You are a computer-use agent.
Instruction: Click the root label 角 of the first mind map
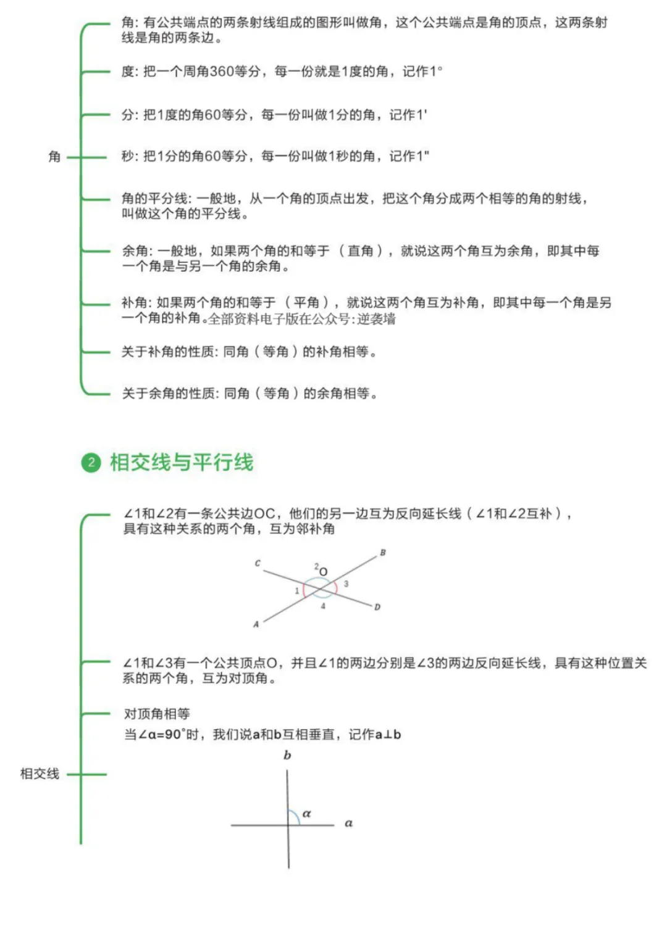[54, 157]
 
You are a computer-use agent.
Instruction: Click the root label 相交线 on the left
[40, 774]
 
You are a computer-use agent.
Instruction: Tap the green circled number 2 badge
[91, 462]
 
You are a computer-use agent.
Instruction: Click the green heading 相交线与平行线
[182, 462]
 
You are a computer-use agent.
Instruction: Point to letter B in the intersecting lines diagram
[383, 553]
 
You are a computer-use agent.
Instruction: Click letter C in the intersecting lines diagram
[258, 563]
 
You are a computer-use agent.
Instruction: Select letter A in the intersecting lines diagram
[256, 624]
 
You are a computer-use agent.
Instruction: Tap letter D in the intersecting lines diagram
[377, 607]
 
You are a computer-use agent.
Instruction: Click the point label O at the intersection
[324, 572]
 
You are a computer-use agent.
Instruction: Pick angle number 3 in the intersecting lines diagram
[346, 584]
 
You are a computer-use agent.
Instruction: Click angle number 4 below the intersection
[323, 606]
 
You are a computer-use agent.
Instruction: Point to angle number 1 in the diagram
[296, 591]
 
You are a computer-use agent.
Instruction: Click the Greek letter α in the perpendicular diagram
[306, 814]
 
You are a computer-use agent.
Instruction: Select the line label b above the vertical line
[287, 755]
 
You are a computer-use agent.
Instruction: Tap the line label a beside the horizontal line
[348, 823]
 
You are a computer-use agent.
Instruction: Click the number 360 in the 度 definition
[222, 72]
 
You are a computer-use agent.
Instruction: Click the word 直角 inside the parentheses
[361, 251]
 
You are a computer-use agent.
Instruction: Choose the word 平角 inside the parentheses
[306, 303]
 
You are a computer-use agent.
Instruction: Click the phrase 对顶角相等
[157, 714]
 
